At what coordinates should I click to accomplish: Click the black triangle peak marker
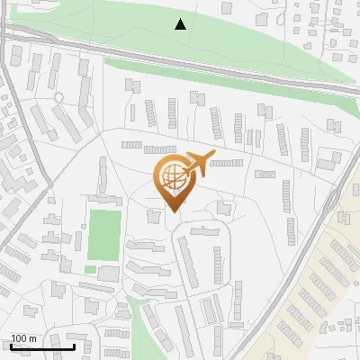181,24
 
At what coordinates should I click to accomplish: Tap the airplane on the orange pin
198,164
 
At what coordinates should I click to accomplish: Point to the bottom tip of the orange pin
172,212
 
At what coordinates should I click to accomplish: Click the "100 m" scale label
23,337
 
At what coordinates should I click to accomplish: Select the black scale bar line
42,345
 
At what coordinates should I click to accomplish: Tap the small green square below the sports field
90,268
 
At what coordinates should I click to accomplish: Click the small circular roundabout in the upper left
58,97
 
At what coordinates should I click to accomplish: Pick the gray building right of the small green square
109,273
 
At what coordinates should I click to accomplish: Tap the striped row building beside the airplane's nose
227,163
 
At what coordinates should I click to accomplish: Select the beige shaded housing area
315,288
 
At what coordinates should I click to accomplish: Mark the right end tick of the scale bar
74,344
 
